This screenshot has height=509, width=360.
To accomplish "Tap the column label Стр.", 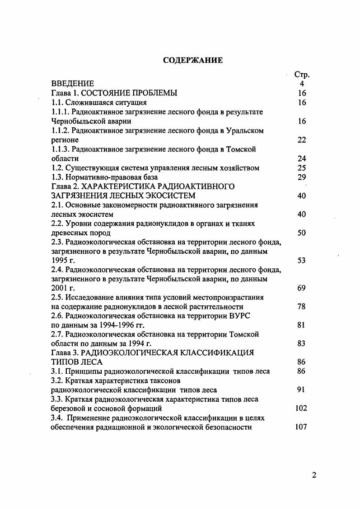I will tap(302, 75).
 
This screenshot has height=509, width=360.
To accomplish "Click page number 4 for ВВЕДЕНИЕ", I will tap(302, 84).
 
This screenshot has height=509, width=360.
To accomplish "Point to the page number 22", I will tap(302, 140).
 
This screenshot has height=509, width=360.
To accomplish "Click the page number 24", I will tap(302, 158).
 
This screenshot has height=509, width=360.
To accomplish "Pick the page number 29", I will tap(302, 177).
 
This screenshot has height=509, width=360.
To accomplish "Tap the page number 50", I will tap(302, 233).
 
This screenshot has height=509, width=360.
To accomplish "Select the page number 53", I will tap(302, 260).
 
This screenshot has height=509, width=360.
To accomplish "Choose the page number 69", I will tap(302, 288).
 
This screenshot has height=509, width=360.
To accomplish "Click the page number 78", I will tap(302, 307).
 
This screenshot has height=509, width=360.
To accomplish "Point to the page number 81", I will tap(302, 325).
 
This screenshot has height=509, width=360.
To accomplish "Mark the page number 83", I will tap(302, 343).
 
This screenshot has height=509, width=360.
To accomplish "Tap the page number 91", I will tap(302, 390).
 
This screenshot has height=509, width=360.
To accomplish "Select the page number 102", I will tap(301, 408).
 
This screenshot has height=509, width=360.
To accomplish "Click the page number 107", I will tap(301, 427).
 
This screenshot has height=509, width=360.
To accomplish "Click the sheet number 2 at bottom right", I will tap(314, 475).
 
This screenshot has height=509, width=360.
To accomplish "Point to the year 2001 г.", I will tap(63, 288).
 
